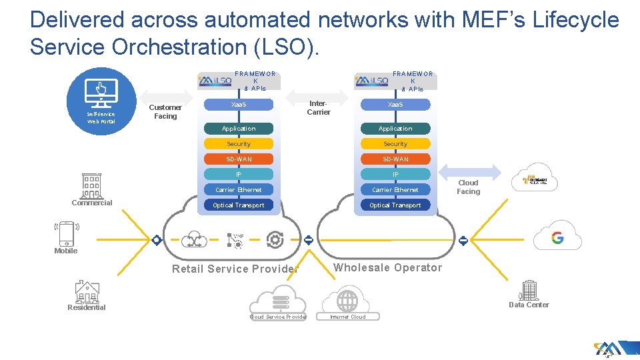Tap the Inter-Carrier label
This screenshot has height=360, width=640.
[319, 108]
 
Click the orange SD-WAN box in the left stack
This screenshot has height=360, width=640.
[239, 159]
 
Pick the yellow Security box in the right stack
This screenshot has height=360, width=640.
[395, 144]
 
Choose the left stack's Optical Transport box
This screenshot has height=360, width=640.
[239, 205]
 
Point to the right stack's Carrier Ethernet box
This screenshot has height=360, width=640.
[395, 190]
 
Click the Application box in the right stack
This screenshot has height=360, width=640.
[395, 129]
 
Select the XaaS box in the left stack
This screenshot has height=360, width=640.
[239, 105]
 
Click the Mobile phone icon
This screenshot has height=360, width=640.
[66, 234]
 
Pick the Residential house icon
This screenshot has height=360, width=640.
[87, 291]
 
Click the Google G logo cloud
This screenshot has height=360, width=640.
[557, 237]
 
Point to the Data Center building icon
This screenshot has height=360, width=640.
[529, 290]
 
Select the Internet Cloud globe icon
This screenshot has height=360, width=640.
[347, 301]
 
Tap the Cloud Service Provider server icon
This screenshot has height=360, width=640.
[278, 301]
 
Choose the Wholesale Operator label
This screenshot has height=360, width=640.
[387, 268]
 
